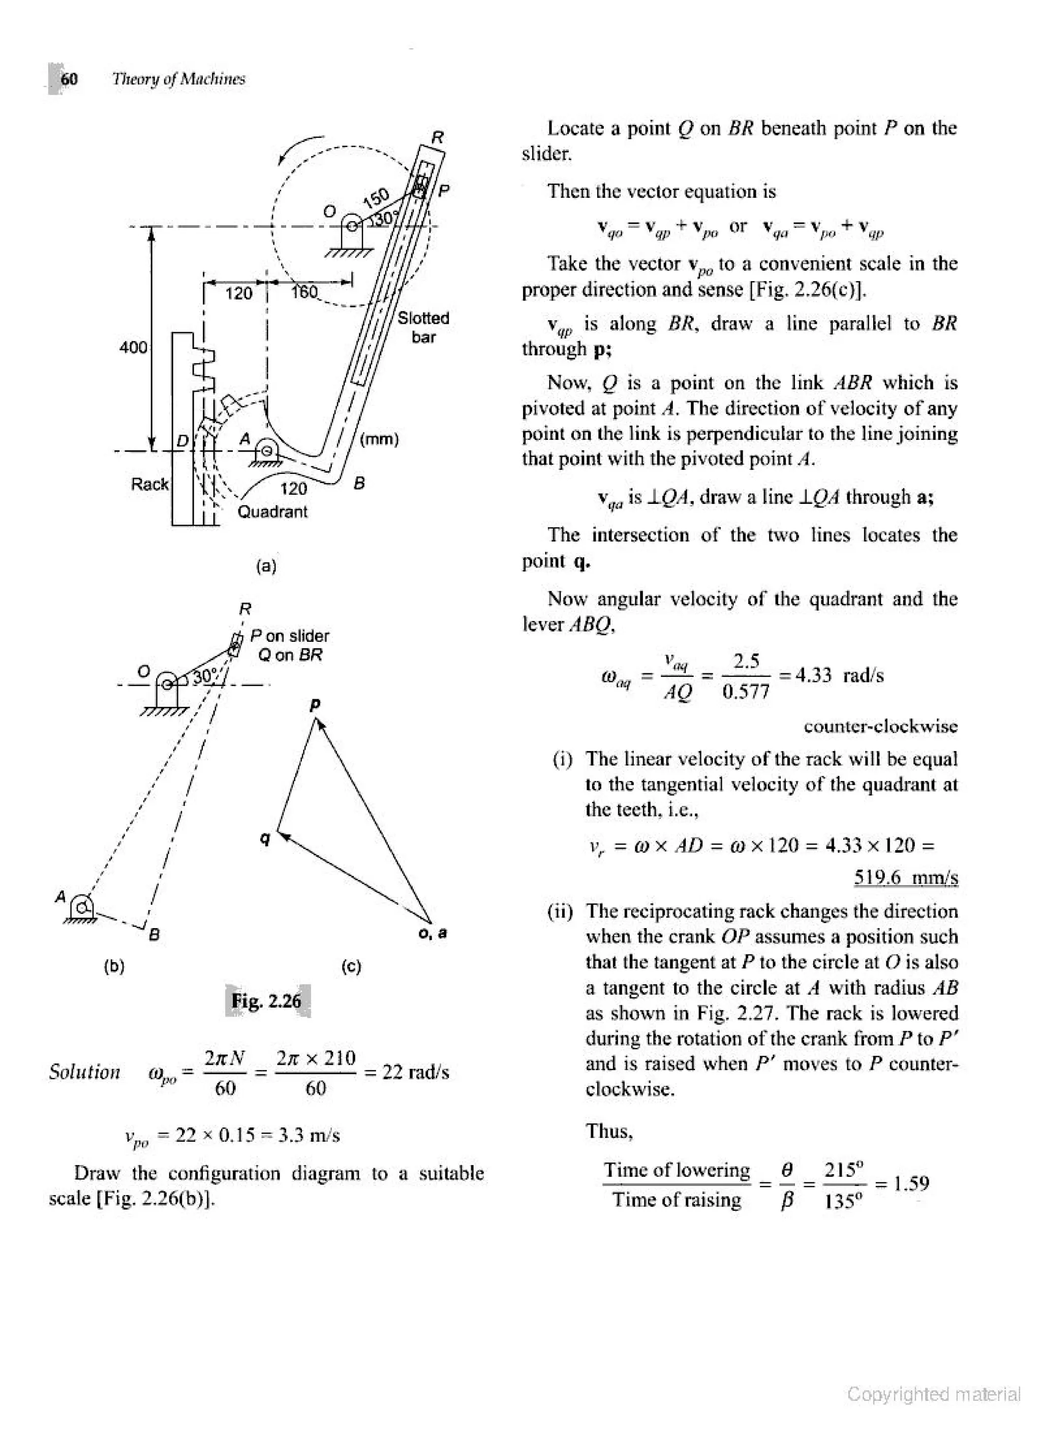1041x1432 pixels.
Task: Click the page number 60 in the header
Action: pyautogui.click(x=69, y=79)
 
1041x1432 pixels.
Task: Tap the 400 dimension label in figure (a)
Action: pyautogui.click(x=133, y=347)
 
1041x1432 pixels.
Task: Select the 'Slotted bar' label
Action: pyautogui.click(x=423, y=327)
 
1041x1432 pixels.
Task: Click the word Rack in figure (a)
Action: pyautogui.click(x=149, y=484)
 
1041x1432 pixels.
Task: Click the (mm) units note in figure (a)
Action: pyautogui.click(x=379, y=439)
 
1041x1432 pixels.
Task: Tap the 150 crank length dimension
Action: pyautogui.click(x=376, y=198)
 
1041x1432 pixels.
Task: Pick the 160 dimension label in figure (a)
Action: pyautogui.click(x=305, y=292)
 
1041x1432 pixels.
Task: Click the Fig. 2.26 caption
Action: pyautogui.click(x=266, y=1001)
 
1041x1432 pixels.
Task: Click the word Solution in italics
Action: pyautogui.click(x=84, y=1072)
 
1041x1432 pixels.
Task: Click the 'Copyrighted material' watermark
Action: pyautogui.click(x=934, y=1394)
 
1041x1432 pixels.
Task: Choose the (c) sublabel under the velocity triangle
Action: pyautogui.click(x=351, y=967)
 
